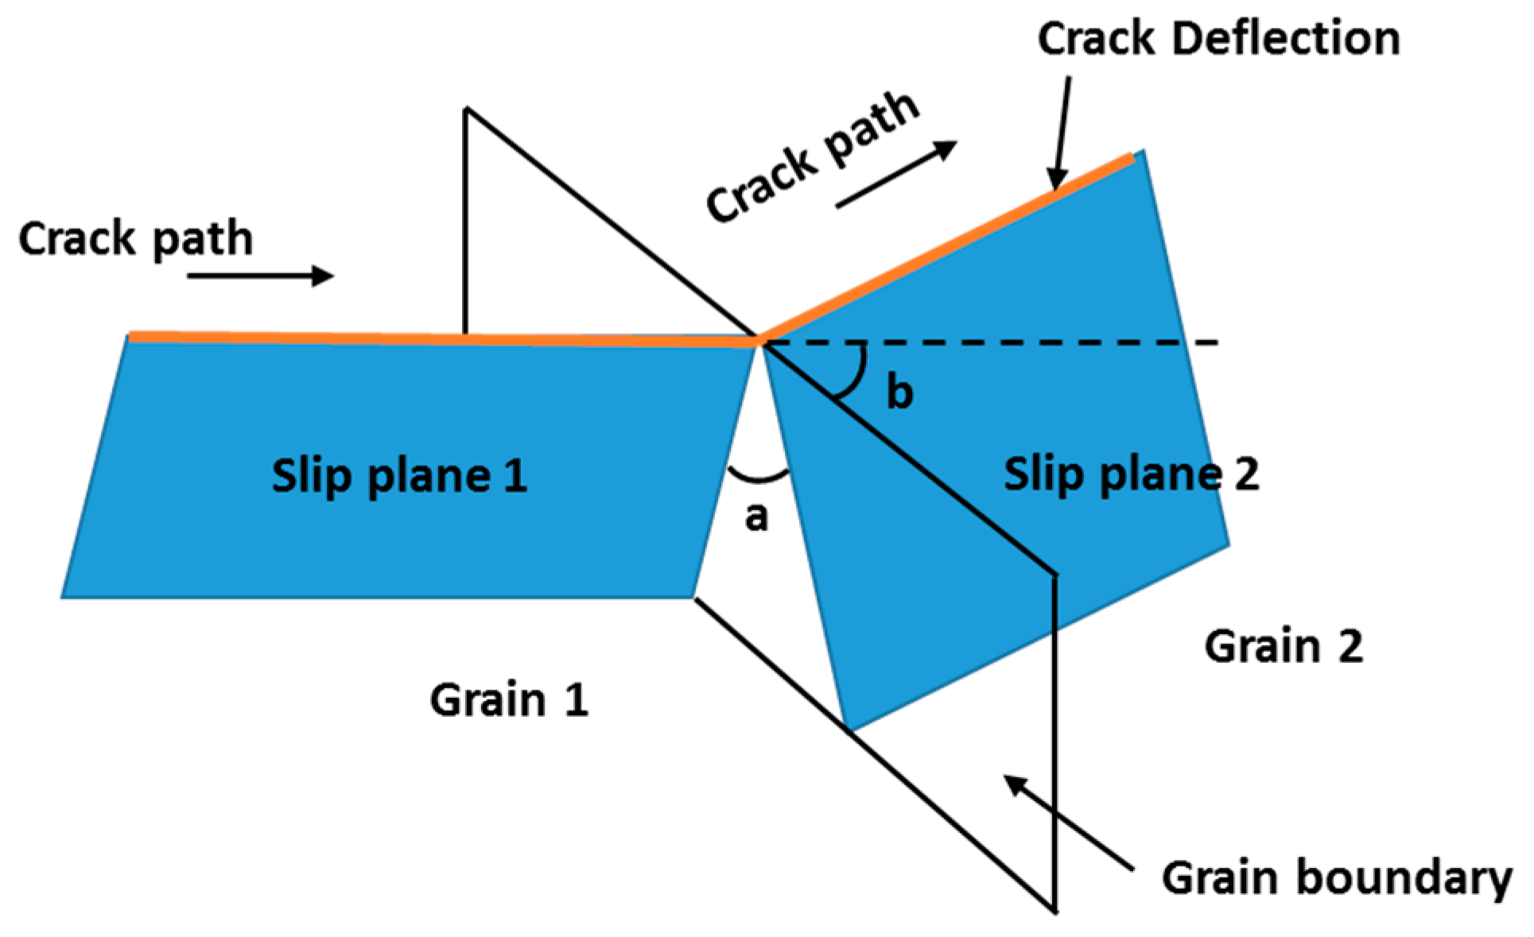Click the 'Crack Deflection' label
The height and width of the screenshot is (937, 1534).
pos(1217,39)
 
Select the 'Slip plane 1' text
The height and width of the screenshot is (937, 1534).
pos(399,476)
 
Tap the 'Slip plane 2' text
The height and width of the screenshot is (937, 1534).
pos(1131,474)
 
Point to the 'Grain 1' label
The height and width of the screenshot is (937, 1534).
pos(509,700)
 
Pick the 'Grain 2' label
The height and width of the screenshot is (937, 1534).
pos(1283,646)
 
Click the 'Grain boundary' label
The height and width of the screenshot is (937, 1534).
pos(1336,879)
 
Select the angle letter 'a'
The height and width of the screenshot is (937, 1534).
pos(756,517)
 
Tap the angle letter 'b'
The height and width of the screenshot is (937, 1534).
pos(899,393)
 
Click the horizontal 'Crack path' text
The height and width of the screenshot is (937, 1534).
pos(135,239)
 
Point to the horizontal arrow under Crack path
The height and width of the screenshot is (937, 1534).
pos(261,276)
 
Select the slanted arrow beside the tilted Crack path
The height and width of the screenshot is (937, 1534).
pos(896,175)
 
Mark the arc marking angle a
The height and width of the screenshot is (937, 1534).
pos(758,478)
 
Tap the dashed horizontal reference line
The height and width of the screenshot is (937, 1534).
pos(1034,343)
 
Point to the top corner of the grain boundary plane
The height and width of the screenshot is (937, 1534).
pos(467,110)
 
